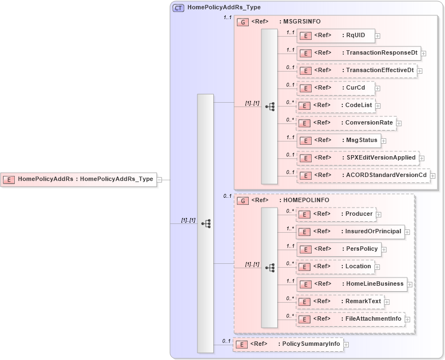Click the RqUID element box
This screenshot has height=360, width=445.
point(335,36)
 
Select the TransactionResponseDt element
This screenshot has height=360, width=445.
point(358,54)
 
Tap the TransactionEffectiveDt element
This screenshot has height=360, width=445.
point(356,70)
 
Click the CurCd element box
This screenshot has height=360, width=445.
point(335,88)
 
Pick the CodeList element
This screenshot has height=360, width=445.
point(335,105)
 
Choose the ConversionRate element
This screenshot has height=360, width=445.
point(346,123)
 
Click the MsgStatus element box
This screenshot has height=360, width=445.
point(338,140)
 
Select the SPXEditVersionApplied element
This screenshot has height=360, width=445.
point(358,158)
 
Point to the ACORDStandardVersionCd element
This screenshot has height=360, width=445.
point(363,175)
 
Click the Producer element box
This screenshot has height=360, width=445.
point(335,214)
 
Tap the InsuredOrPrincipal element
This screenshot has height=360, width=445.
point(350,232)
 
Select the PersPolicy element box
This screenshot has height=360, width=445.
point(338,249)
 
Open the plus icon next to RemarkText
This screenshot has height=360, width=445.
point(387,302)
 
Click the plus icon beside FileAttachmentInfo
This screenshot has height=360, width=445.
point(408,319)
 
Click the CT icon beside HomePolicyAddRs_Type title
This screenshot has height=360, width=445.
point(179,8)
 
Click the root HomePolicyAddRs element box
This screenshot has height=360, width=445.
point(79,179)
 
